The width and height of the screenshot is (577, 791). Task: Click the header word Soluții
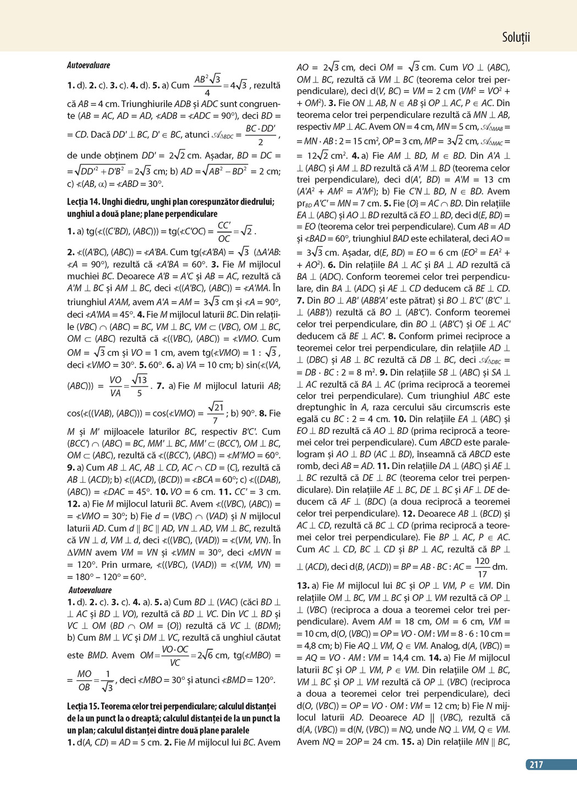(515, 37)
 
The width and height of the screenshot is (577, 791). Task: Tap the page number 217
(536, 765)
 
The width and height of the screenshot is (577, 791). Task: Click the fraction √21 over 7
(216, 413)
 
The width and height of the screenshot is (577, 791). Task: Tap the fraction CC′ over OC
(224, 231)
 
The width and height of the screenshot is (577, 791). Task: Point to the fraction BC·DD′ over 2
(260, 135)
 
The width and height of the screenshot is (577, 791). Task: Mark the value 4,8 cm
(312, 646)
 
